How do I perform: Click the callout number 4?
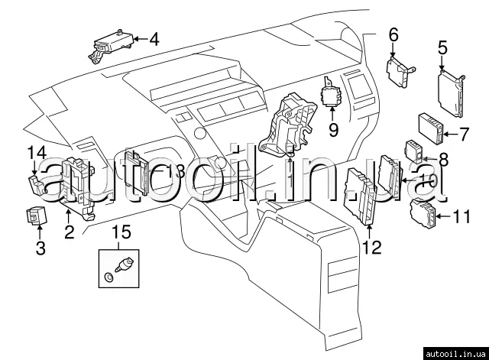coord(155,38)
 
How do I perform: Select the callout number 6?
coord(393,34)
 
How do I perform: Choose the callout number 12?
coord(371,246)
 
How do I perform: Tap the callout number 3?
coord(40,247)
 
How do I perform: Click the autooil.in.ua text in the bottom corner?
coord(455,352)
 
